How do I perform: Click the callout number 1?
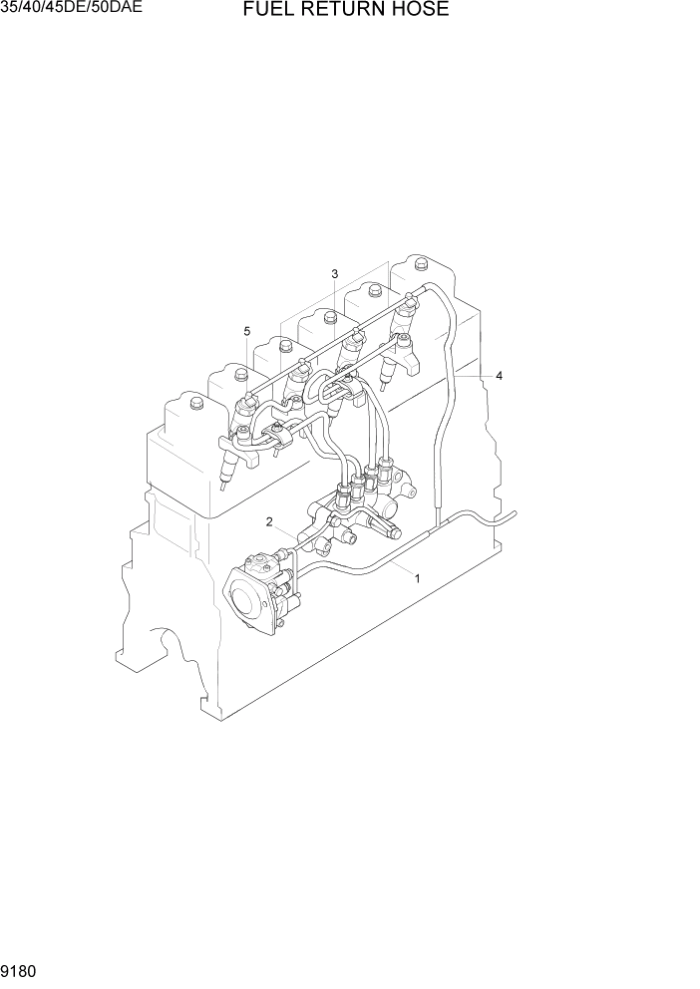pyautogui.click(x=417, y=578)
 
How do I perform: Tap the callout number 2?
pyautogui.click(x=269, y=521)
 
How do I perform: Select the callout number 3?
pyautogui.click(x=335, y=274)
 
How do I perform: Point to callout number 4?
pyautogui.click(x=499, y=376)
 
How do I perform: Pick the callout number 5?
pyautogui.click(x=246, y=331)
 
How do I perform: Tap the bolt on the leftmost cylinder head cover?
pyautogui.click(x=194, y=403)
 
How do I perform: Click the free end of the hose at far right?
pyautogui.click(x=515, y=515)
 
